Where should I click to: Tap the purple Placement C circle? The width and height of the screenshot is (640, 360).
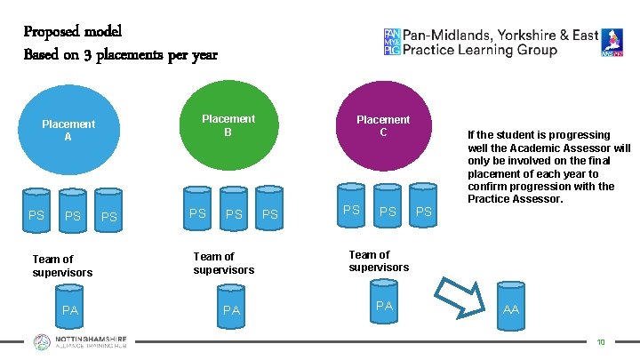[x=383, y=127]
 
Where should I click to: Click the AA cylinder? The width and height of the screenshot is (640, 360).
[x=511, y=305]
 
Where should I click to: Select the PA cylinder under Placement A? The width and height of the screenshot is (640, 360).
[x=70, y=308]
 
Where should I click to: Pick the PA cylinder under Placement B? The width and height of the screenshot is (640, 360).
[x=231, y=308]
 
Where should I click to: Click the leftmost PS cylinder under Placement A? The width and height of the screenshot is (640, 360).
[x=36, y=214]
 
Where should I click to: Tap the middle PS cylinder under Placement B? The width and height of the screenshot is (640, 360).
[x=234, y=213]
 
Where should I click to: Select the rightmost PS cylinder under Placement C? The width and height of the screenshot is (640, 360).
[x=424, y=210]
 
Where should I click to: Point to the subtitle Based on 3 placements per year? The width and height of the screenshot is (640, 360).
[x=120, y=54]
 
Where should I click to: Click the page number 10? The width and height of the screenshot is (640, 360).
[x=602, y=341]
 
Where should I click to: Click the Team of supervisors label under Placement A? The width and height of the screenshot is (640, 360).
[x=62, y=266]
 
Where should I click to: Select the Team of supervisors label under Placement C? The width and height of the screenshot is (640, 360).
[x=379, y=261]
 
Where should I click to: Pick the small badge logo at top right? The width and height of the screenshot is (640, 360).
[x=612, y=43]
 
